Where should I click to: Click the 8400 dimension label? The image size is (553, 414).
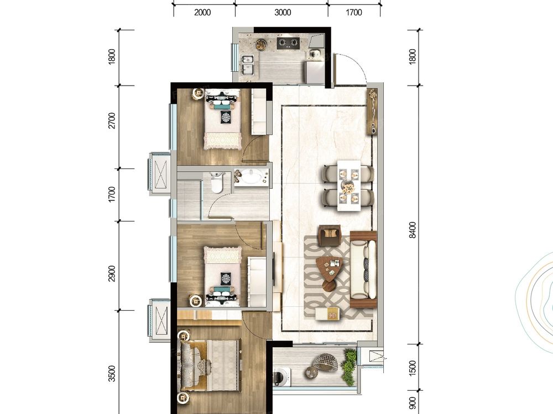coord(413,230)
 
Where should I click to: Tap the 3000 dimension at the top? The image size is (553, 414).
coord(283,13)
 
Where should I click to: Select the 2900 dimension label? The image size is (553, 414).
coord(112,274)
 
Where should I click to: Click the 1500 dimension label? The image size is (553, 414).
coord(413,368)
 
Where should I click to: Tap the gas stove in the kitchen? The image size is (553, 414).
coord(288,43)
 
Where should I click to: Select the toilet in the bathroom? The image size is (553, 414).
coord(216,182)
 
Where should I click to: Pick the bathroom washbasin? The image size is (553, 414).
coord(252,177)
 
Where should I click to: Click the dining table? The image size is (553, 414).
coord(349,185)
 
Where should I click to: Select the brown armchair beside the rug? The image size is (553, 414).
coord(330,235)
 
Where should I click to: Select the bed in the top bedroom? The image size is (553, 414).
coord(222,119)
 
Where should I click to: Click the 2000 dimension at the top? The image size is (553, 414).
coord(202,13)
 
